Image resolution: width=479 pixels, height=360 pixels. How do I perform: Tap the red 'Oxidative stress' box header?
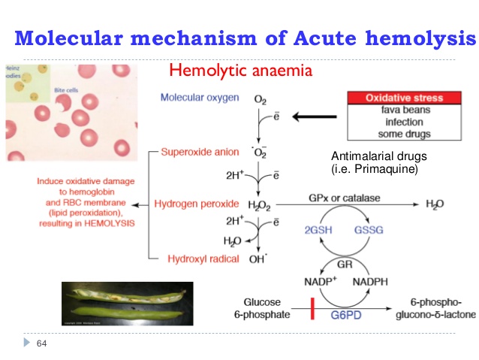(403, 98)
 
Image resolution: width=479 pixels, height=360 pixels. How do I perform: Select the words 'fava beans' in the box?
(404, 110)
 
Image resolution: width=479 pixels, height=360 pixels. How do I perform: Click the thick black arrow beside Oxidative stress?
(315, 116)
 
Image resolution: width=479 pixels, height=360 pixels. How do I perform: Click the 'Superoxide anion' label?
(200, 153)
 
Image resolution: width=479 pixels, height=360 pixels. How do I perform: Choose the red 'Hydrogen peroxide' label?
(197, 204)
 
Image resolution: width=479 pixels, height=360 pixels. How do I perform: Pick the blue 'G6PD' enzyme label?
(346, 314)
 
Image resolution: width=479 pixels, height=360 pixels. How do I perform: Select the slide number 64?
(41, 344)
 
